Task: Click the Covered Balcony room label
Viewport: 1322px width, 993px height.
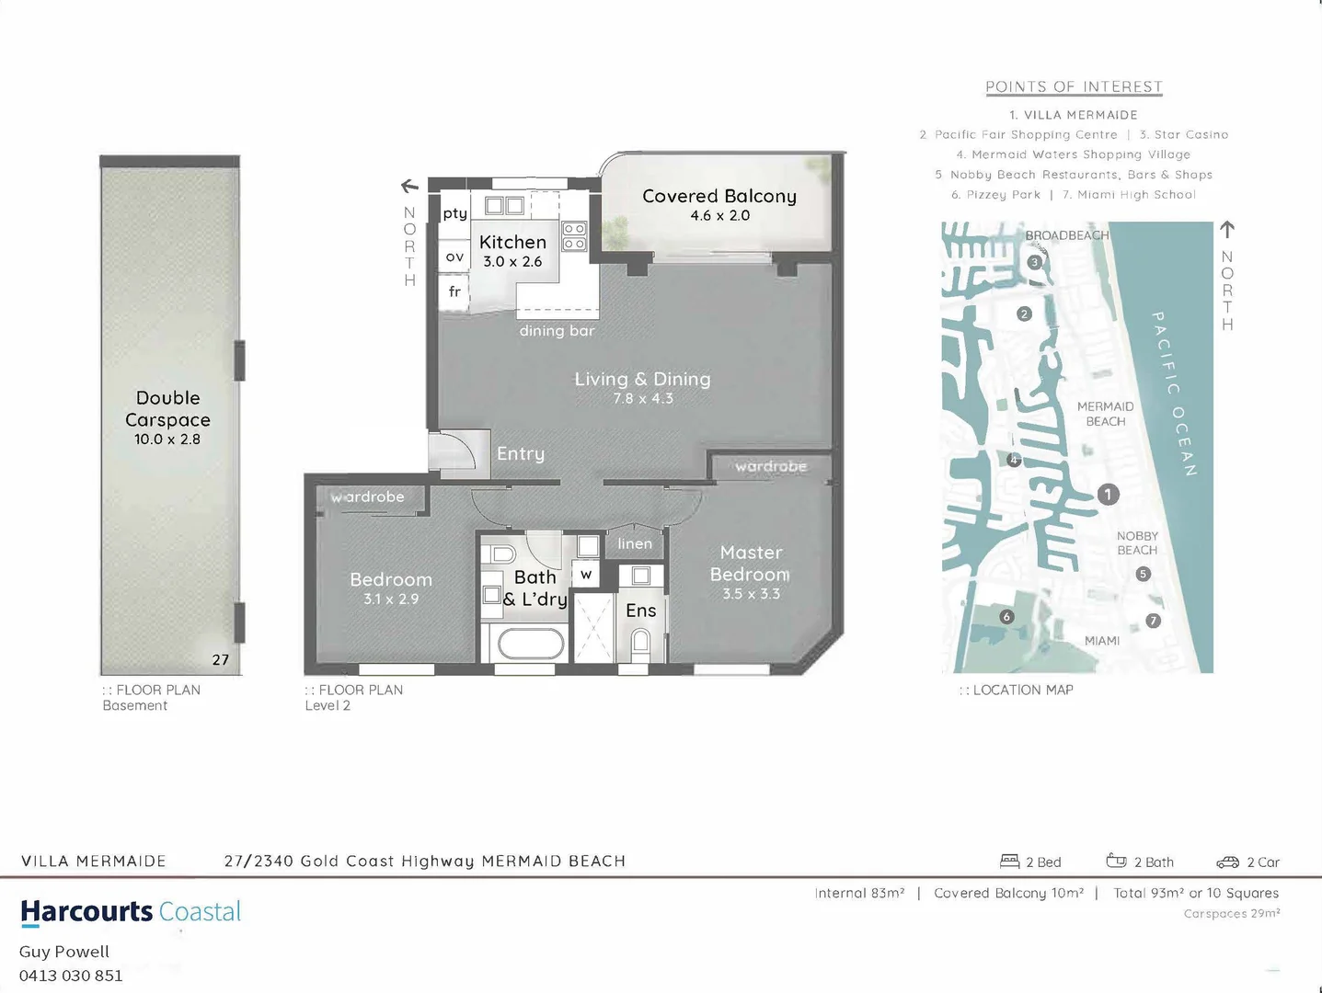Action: (x=718, y=196)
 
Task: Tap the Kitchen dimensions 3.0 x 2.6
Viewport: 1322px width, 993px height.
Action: (x=512, y=262)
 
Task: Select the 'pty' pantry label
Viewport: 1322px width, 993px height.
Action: (x=454, y=213)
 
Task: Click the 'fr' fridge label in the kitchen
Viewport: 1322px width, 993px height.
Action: (x=454, y=291)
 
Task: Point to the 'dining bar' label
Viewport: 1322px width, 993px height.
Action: (x=557, y=331)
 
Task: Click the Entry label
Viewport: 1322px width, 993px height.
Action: (x=521, y=453)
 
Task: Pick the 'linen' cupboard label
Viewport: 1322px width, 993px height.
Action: (x=635, y=543)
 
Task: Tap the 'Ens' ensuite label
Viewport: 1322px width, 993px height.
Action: (x=641, y=611)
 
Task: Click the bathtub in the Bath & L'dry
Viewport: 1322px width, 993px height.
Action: (x=532, y=644)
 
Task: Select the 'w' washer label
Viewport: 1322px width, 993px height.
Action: (x=586, y=576)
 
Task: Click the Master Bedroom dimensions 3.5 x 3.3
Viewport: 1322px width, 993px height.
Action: (x=751, y=594)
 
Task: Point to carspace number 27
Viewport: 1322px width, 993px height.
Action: (x=221, y=659)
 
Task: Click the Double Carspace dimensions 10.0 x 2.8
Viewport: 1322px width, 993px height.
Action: (x=167, y=439)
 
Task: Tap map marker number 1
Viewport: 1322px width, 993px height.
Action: (x=1108, y=495)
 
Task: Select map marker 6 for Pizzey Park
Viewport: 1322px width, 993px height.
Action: (x=1006, y=617)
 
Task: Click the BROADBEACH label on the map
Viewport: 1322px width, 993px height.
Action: (x=1067, y=235)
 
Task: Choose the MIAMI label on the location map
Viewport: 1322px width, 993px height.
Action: (x=1102, y=641)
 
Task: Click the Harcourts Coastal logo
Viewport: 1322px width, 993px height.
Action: (x=131, y=911)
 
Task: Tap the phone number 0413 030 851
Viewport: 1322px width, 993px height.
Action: (x=71, y=976)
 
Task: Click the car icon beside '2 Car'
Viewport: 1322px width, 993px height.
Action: (x=1227, y=862)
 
